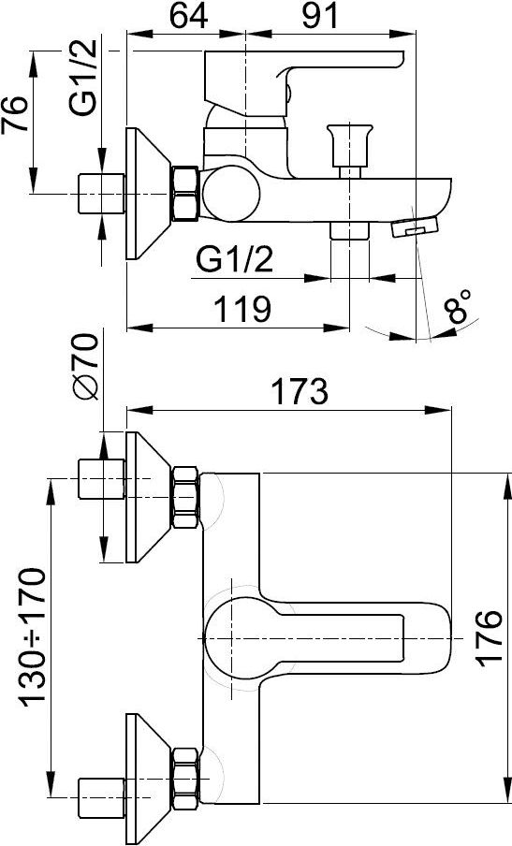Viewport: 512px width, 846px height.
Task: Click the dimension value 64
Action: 189,16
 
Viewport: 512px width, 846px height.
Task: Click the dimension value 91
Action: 320,16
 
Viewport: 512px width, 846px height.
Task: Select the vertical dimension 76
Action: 15,115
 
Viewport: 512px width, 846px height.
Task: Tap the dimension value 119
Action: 242,309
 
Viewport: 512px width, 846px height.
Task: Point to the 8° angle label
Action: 457,306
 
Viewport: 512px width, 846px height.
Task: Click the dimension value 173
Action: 300,391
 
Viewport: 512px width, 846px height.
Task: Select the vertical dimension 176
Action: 490,637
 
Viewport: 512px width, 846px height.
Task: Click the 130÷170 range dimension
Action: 33,636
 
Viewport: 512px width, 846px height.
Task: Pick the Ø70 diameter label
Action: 86,367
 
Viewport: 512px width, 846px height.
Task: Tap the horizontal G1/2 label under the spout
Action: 234,260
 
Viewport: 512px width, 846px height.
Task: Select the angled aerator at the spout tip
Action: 414,226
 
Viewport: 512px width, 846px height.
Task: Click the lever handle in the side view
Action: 302,80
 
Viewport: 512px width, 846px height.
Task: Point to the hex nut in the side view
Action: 185,194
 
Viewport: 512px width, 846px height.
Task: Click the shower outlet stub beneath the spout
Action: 350,230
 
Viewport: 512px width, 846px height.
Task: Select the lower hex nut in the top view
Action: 185,778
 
